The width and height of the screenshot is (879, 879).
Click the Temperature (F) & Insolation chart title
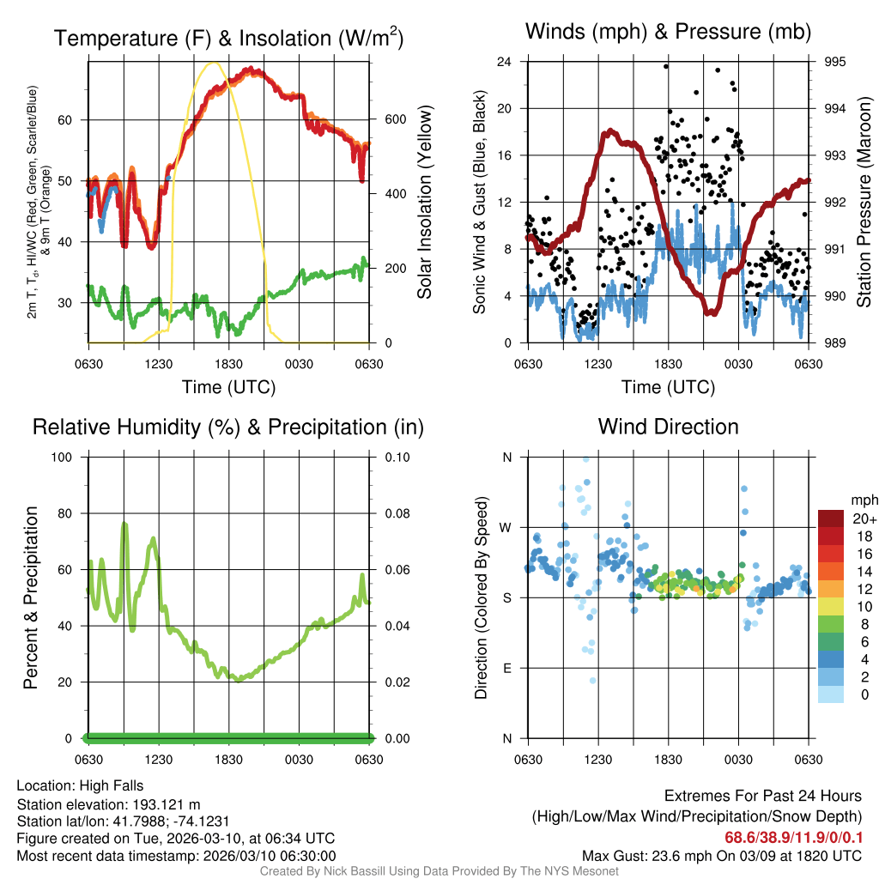(228, 38)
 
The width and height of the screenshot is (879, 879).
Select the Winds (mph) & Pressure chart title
(669, 32)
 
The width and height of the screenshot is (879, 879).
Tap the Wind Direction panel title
(668, 427)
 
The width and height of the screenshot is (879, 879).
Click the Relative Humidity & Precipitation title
(228, 427)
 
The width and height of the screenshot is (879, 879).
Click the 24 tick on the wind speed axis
(505, 62)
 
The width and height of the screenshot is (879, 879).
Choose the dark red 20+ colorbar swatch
(830, 518)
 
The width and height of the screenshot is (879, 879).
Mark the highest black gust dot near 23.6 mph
(666, 66)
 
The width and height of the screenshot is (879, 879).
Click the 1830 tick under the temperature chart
(228, 364)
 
